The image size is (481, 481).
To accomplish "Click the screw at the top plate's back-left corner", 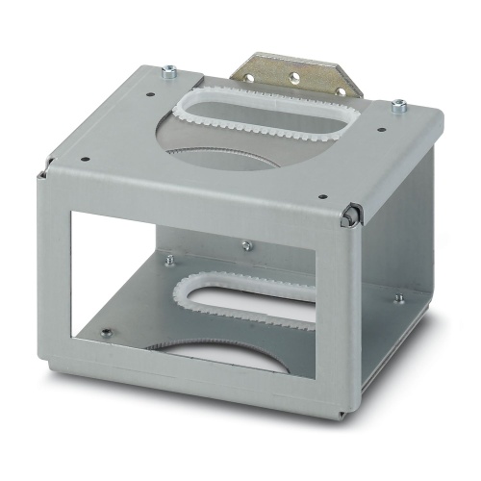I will (x=170, y=69).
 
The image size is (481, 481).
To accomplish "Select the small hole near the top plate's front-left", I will (x=87, y=161).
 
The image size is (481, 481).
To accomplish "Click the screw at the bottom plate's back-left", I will (x=170, y=260).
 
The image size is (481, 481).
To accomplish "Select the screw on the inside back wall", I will (x=246, y=246).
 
